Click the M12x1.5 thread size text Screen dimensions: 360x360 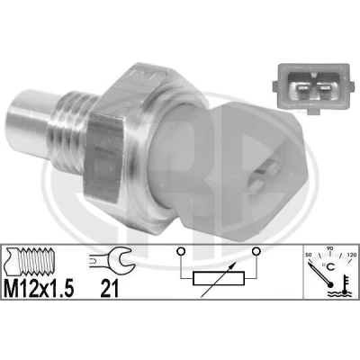[39, 288]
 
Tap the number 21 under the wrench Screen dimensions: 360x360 [110, 288]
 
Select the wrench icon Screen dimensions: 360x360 [112, 258]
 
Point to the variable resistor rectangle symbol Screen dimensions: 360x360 [219, 279]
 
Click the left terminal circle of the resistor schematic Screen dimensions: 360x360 [181, 251]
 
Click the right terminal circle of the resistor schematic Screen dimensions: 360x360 [256, 251]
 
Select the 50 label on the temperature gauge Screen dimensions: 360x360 [308, 255]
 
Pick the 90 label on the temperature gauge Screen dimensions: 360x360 [330, 248]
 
